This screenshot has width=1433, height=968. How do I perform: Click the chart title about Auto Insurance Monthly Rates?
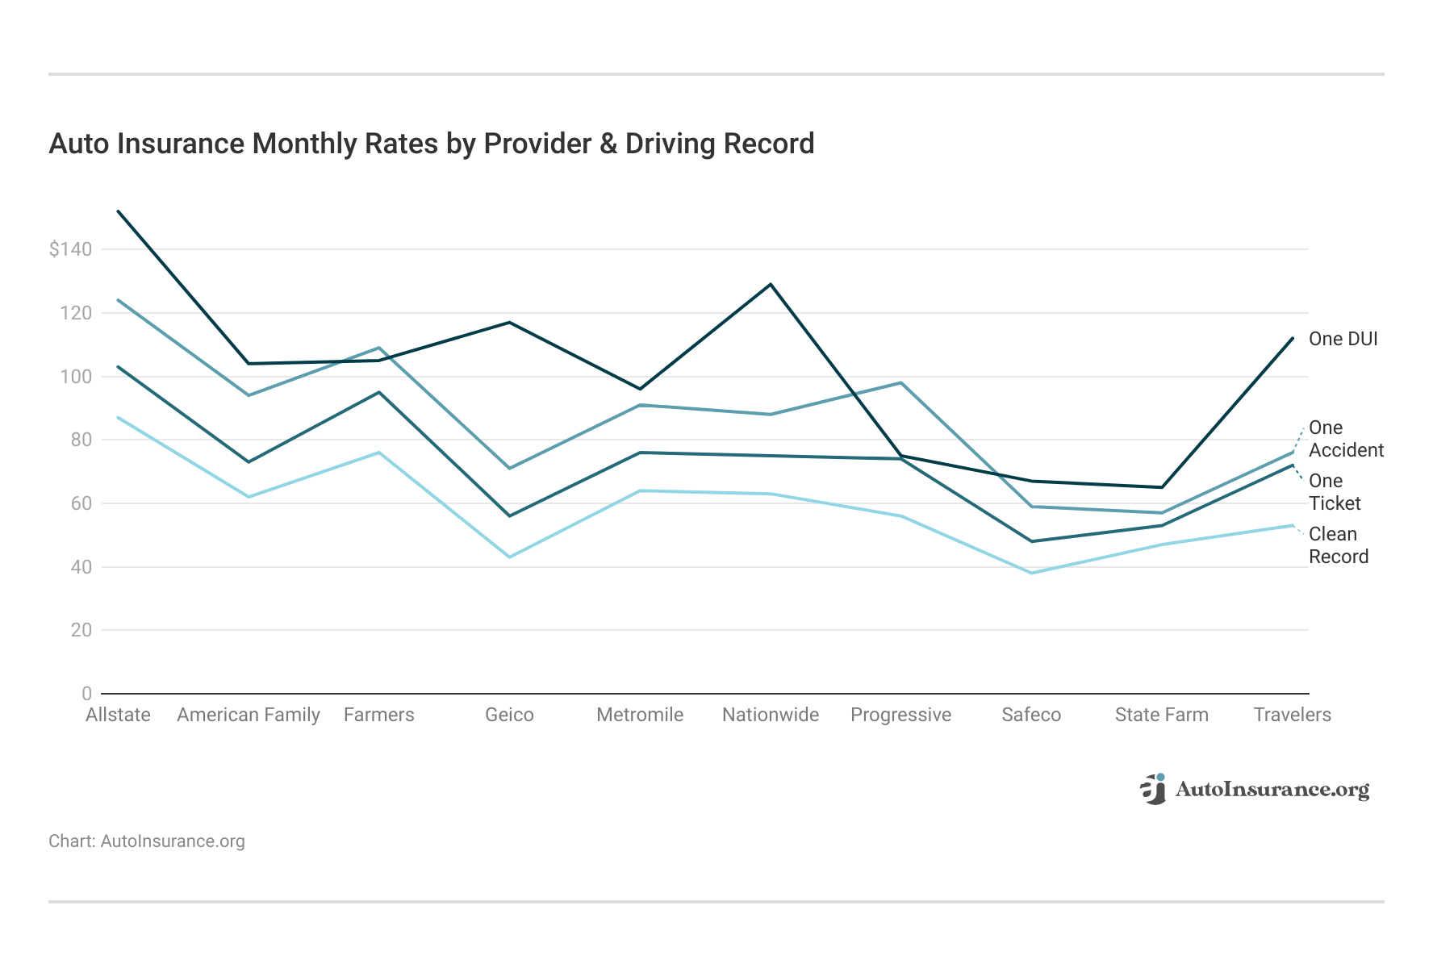431,144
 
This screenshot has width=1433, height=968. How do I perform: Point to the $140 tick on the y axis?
70,249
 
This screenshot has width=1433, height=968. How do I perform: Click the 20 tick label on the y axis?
81,630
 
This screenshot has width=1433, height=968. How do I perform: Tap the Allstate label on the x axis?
118,715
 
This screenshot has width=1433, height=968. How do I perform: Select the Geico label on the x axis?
509,715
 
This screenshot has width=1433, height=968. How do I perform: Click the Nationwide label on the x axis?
770,715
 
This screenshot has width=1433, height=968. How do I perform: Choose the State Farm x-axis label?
1161,715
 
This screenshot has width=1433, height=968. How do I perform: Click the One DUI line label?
1343,339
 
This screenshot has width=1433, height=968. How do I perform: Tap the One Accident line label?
1345,439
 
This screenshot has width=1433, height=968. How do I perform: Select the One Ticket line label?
1334,492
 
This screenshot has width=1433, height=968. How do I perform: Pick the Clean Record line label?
1338,545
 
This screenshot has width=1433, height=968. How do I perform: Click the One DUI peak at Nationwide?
771,284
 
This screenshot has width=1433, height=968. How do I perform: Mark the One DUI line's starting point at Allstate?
119,211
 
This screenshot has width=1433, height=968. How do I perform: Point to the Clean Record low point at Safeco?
1031,573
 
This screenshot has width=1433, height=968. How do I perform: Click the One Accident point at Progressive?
900,383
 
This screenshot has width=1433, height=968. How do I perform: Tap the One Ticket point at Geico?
509,515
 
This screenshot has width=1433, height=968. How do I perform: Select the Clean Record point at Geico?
509,557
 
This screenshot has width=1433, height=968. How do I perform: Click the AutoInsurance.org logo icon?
1154,789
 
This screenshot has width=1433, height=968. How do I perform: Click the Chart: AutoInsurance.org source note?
147,841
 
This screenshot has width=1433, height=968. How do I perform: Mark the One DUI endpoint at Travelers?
1292,338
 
